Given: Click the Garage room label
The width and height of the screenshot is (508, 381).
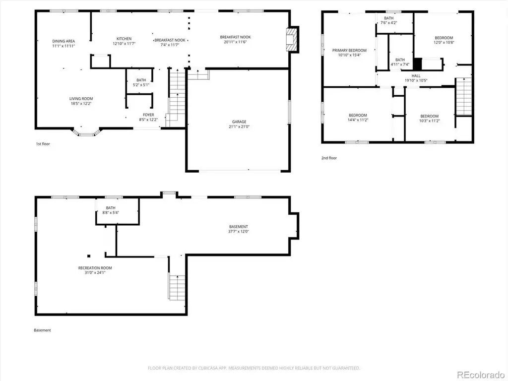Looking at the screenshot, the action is click(239, 122).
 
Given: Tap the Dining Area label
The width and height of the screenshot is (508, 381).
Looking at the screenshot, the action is click(63, 41).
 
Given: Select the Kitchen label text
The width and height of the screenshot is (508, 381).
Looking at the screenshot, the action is click(124, 39).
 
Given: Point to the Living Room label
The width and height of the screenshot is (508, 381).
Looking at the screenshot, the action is click(81, 99).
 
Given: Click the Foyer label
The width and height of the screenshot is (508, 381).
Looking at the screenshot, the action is click(148, 115).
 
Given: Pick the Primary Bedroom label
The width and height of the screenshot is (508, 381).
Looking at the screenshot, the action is click(349, 50).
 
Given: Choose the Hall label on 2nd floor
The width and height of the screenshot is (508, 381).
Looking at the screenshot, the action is click(416, 76).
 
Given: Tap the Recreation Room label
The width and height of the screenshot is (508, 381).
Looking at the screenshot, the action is click(95, 268).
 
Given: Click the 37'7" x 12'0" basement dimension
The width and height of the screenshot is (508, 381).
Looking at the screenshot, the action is click(239, 231).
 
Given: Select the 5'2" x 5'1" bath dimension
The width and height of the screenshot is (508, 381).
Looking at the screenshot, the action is click(141, 85).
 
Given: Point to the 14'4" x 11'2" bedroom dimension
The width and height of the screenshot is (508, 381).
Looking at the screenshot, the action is click(358, 120).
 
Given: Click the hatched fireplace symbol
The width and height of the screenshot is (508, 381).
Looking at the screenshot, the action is click(291, 39).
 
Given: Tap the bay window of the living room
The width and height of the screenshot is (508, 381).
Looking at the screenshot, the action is click(86, 132).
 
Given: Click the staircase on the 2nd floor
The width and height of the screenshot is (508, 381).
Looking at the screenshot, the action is click(464, 97).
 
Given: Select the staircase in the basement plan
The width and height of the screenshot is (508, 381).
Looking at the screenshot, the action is click(177, 288).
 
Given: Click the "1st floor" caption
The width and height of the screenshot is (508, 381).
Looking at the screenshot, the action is click(43, 144).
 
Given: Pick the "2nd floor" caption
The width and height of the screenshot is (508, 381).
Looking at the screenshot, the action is click(329, 158).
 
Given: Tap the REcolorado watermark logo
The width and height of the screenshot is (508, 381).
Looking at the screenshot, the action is click(480, 375).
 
